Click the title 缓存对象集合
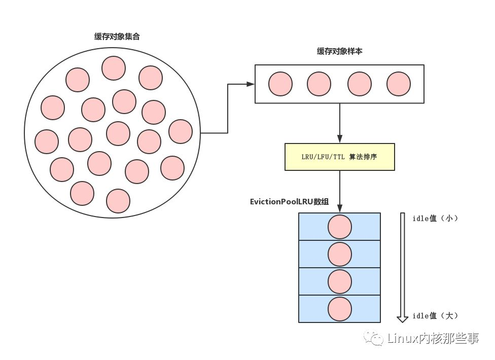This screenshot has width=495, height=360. (x=117, y=37)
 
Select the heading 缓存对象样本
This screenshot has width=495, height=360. (x=339, y=51)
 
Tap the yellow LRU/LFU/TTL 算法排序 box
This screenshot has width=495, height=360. (x=339, y=157)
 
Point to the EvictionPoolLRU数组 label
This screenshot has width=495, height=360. (x=289, y=201)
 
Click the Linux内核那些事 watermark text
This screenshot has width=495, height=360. (x=433, y=338)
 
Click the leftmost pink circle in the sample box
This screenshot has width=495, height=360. (x=280, y=84)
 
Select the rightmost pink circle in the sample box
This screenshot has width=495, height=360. (x=398, y=84)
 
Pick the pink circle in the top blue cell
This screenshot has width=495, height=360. (x=340, y=227)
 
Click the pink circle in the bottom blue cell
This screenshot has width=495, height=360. (x=340, y=309)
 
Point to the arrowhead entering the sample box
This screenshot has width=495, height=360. (x=250, y=84)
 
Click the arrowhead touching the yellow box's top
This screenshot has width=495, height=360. (x=339, y=139)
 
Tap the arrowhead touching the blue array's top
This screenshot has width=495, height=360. (x=339, y=209)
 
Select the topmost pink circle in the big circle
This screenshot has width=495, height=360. (x=114, y=68)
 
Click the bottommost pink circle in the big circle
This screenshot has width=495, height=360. (x=118, y=201)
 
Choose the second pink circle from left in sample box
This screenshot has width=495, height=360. (x=319, y=84)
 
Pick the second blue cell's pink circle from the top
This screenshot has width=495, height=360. (x=340, y=254)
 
